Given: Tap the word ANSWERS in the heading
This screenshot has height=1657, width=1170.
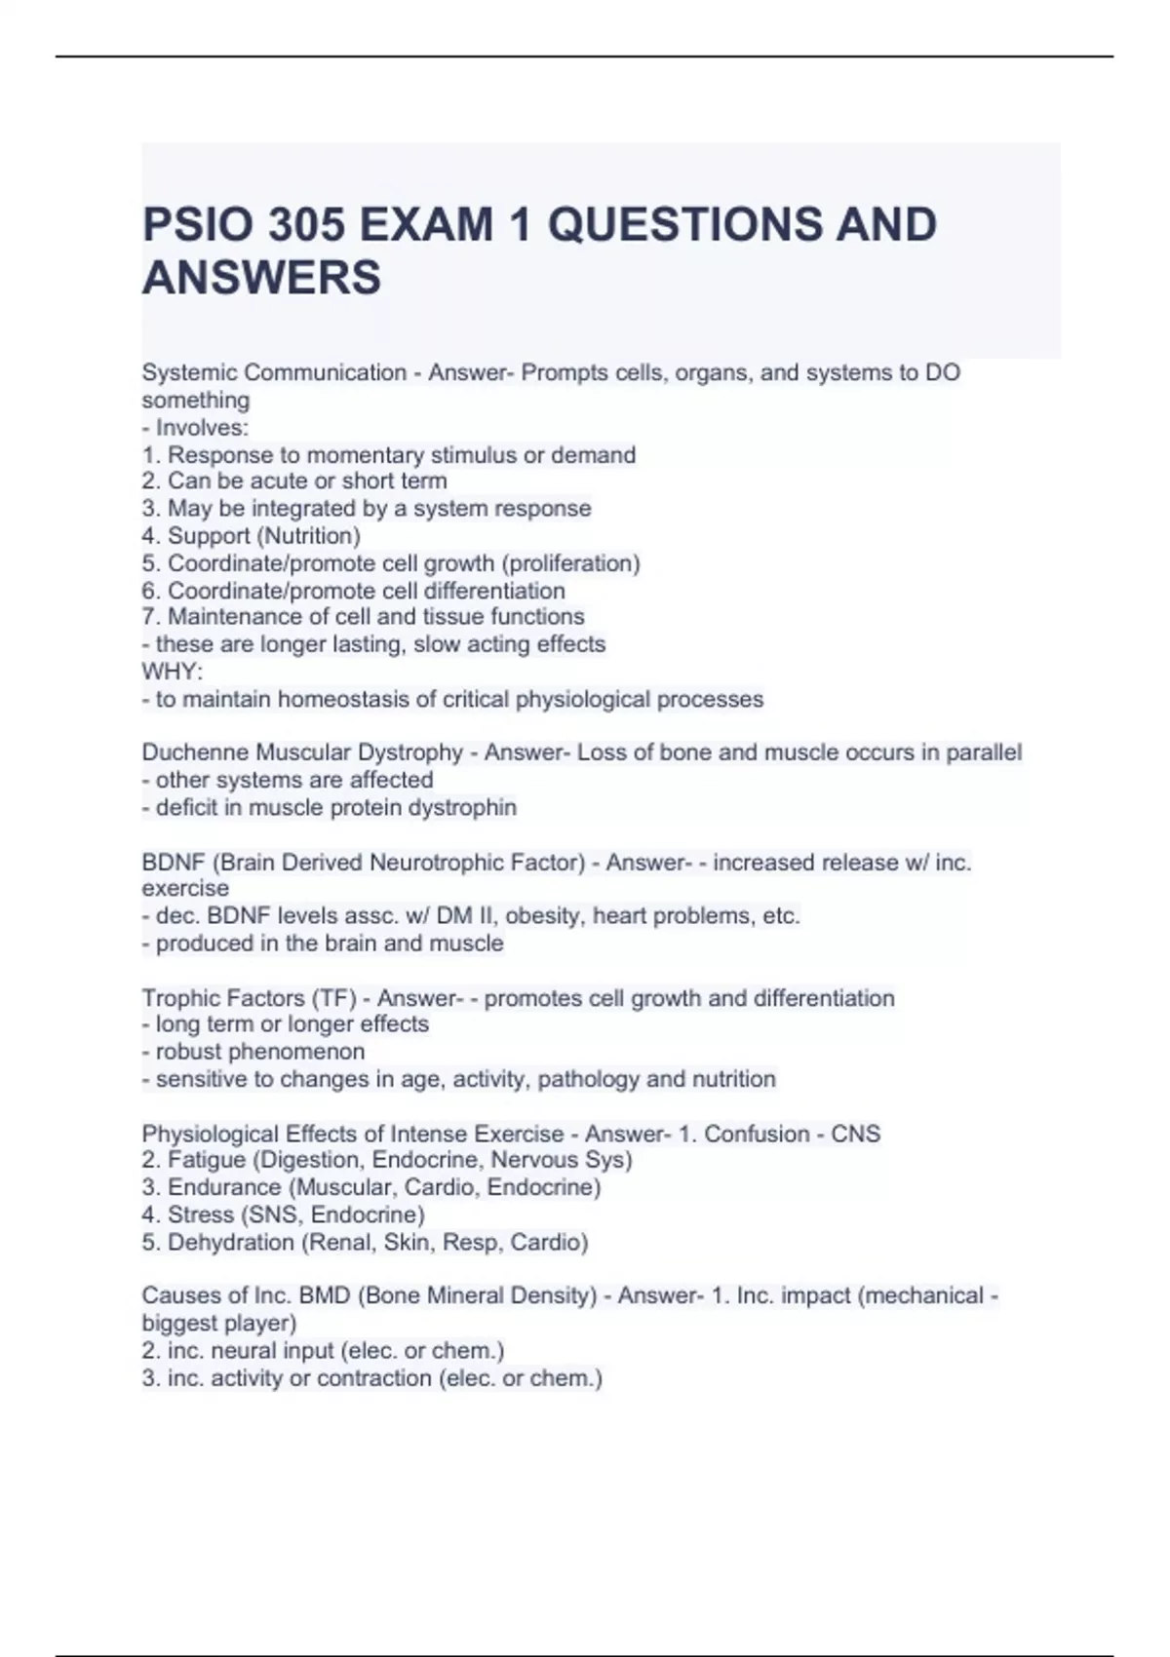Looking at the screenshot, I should coord(261,278).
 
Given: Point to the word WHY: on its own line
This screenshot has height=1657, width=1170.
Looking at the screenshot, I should coord(173,672).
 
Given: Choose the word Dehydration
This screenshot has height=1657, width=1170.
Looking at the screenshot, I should coord(231,1243).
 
